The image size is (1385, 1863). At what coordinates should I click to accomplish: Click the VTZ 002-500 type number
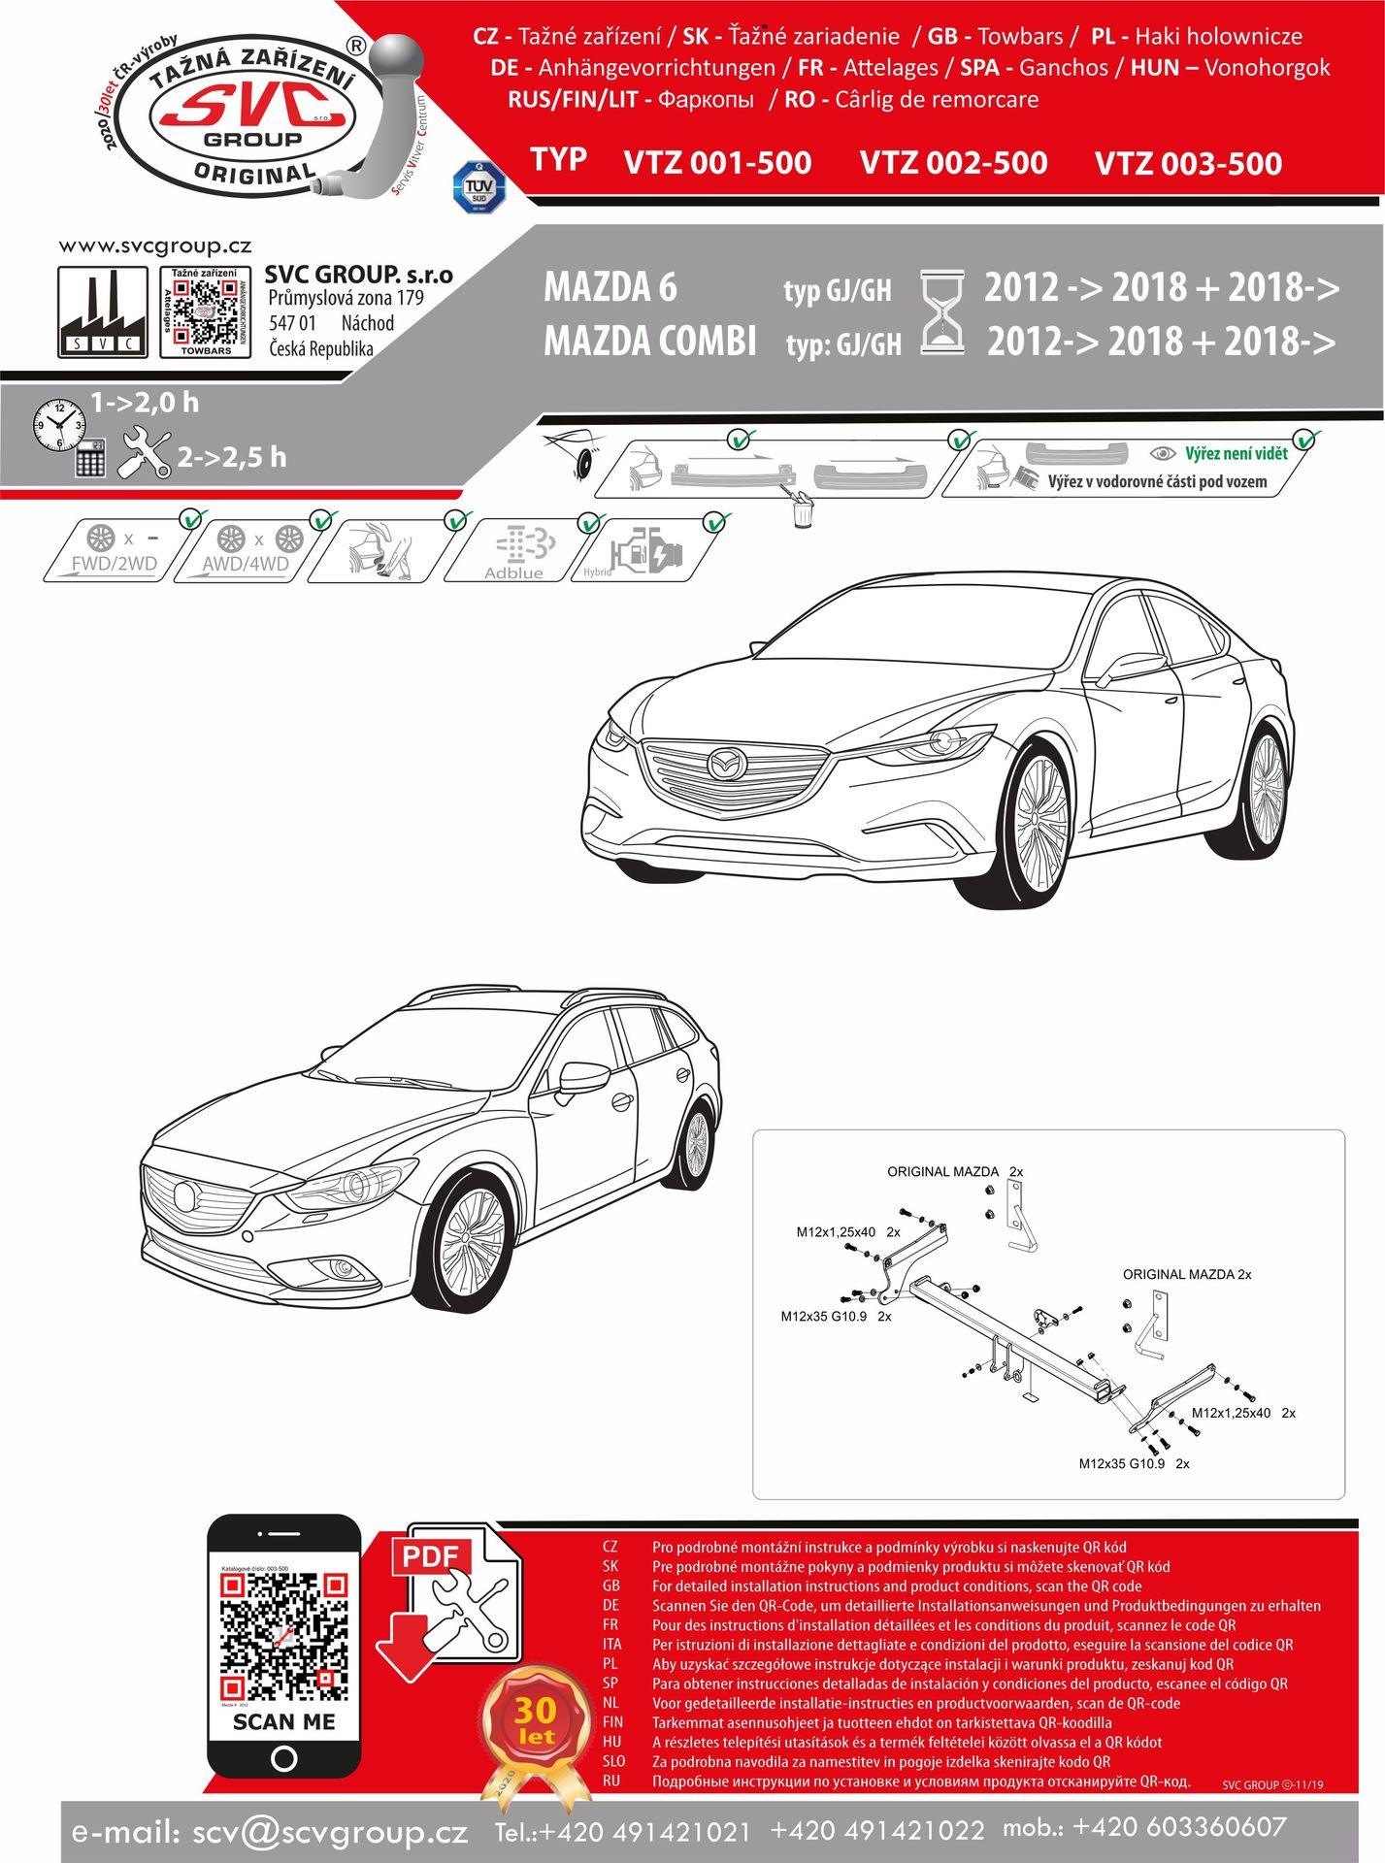pos(953,163)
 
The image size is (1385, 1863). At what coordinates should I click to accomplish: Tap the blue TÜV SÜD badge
pos(478,187)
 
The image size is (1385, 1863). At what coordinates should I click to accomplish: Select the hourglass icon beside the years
pos(941,311)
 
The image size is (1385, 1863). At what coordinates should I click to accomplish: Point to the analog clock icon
pos(58,424)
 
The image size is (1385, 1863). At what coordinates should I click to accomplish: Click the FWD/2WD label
pos(114,564)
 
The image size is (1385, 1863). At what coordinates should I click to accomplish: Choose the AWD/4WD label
pos(245,564)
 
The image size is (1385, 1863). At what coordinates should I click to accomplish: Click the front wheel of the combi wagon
pos(473,1248)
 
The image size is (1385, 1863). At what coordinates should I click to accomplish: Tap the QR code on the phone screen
pos(283,1637)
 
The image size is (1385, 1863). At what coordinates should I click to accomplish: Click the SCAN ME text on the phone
pos(283,1722)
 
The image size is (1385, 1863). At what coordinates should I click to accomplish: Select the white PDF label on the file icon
pos(430,1556)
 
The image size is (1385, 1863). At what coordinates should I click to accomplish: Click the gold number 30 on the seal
pos(535,1710)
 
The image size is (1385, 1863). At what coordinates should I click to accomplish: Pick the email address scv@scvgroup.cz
pos(330,1833)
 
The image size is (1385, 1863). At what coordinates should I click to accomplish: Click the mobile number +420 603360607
pos(1179,1828)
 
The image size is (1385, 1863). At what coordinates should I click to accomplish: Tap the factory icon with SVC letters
pos(103,311)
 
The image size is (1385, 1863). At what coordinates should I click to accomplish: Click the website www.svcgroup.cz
pos(155,246)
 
